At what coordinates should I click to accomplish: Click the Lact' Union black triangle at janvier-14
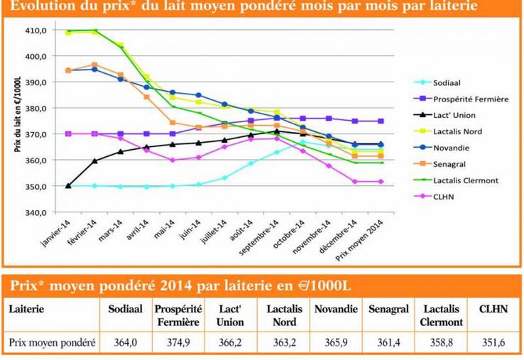pos(69,185)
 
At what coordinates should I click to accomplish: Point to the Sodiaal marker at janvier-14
pos(69,186)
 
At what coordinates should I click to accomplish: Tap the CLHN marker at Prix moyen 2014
pos(381,182)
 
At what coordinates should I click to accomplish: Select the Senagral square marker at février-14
pos(95,65)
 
